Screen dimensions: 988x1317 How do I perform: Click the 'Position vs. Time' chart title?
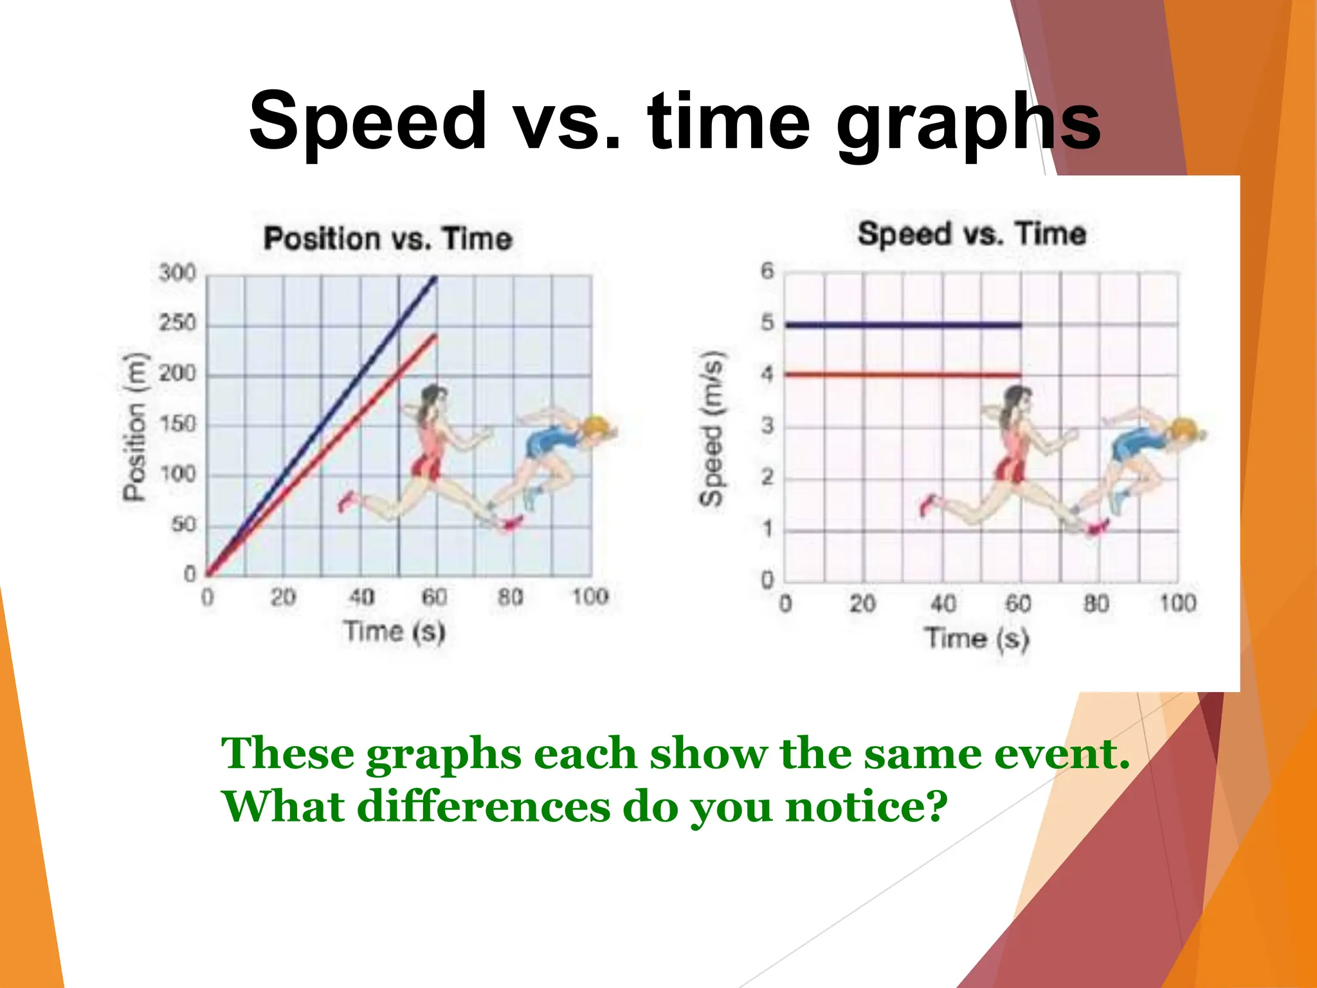388,239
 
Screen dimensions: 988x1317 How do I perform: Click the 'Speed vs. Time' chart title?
972,233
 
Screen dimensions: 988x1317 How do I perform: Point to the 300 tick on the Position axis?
177,273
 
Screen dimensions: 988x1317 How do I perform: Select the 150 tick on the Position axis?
177,425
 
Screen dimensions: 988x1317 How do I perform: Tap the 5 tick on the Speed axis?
767,322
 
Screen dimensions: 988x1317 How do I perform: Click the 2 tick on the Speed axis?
767,477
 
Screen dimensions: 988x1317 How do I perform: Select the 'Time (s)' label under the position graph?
394,632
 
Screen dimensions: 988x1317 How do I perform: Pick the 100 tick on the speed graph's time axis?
1177,603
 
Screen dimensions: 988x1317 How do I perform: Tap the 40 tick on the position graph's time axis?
361,597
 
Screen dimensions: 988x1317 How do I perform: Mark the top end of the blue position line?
435,279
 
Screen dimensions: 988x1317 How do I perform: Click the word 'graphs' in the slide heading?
968,122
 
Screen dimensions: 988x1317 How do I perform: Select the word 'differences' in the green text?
483,806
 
